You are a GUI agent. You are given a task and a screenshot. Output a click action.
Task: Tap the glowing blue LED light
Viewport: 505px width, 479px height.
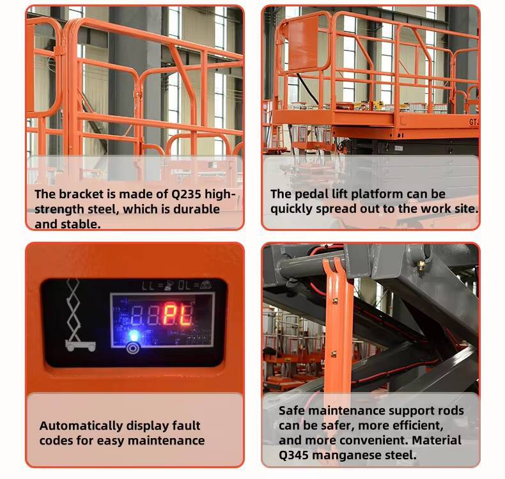134,335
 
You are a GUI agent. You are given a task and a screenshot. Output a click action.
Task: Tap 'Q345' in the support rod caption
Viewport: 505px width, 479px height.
295,455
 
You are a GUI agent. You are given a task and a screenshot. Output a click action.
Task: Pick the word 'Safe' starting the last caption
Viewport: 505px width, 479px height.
291,411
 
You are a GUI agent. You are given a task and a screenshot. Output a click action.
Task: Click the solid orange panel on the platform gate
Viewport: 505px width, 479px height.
304,48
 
